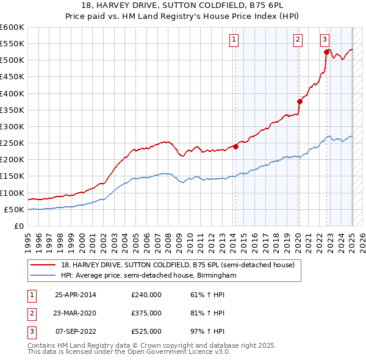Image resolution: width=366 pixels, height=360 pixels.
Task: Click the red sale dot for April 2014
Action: [235, 146]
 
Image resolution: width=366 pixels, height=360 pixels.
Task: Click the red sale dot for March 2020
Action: [300, 102]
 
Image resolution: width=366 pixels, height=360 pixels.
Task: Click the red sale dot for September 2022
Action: [326, 52]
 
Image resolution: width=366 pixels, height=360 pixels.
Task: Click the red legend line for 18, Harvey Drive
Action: [42, 265]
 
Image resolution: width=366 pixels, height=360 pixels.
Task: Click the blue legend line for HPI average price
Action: [42, 276]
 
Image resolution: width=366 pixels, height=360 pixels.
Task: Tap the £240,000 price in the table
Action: [146, 294]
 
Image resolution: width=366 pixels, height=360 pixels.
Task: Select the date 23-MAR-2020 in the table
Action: [76, 313]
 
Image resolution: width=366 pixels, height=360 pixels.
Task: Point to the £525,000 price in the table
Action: [146, 331]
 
